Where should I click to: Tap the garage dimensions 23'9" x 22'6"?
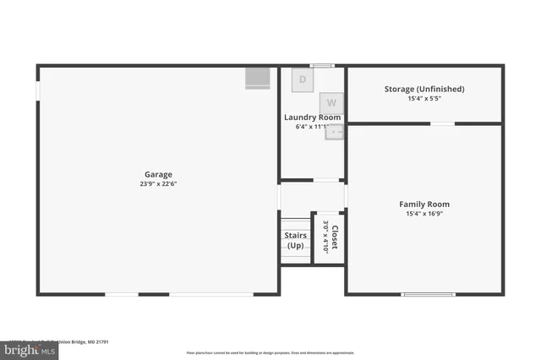158,183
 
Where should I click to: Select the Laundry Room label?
312,117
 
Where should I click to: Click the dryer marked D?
303,80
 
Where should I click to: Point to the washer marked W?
331,101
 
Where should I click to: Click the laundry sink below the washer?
335,131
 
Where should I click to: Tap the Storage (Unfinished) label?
424,89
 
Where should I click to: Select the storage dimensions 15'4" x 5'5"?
424,99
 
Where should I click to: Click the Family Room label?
424,204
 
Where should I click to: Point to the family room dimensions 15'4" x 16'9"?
424,214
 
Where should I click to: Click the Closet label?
336,237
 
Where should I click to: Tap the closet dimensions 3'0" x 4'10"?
325,237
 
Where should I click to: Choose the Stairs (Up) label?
295,241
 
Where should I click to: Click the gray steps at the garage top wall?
257,78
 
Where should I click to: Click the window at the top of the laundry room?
321,65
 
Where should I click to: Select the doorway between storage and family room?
442,124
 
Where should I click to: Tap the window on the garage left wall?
37,88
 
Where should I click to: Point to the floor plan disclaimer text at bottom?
270,352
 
